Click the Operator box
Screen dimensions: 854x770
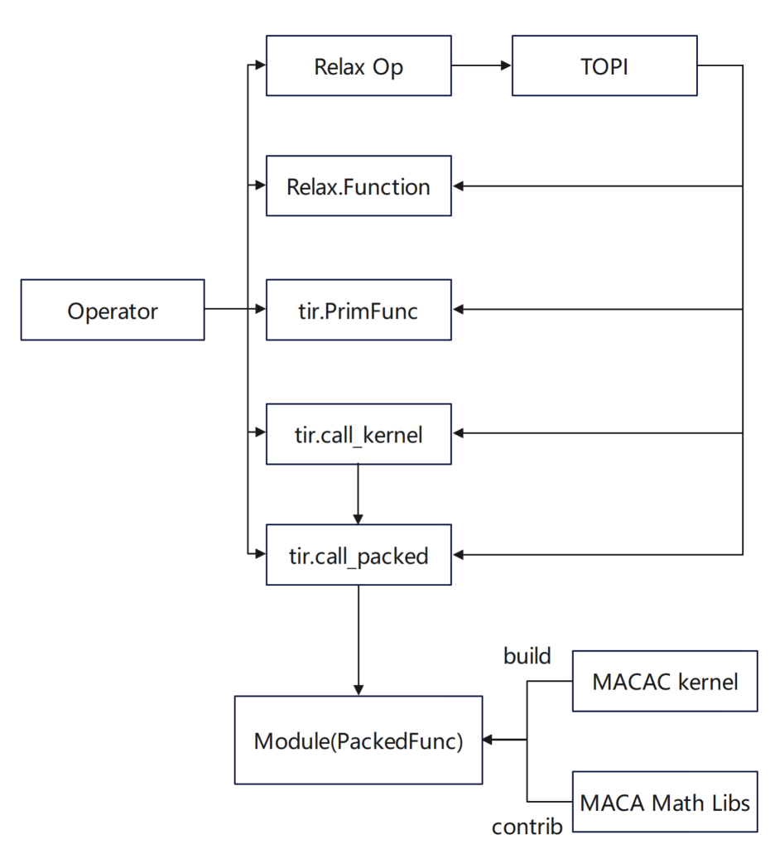tap(113, 310)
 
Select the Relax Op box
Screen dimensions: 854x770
tap(359, 65)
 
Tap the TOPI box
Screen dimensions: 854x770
tap(604, 65)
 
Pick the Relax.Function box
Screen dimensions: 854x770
tap(359, 186)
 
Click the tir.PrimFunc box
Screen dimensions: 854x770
tap(359, 310)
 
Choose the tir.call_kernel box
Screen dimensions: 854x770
tap(359, 433)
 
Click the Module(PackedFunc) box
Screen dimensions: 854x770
tap(359, 740)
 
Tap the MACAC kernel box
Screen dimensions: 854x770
tap(665, 681)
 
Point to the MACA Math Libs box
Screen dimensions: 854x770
tap(665, 802)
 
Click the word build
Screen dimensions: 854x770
tap(527, 656)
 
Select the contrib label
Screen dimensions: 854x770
tap(527, 827)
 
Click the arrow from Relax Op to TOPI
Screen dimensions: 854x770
tap(482, 65)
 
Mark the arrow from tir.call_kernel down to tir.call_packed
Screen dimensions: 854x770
tap(359, 494)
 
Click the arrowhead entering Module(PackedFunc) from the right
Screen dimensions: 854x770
tap(488, 740)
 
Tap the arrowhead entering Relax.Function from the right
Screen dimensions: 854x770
tap(459, 186)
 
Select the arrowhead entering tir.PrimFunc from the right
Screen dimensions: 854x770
tap(459, 310)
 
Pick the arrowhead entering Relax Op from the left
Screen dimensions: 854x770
tap(260, 65)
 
